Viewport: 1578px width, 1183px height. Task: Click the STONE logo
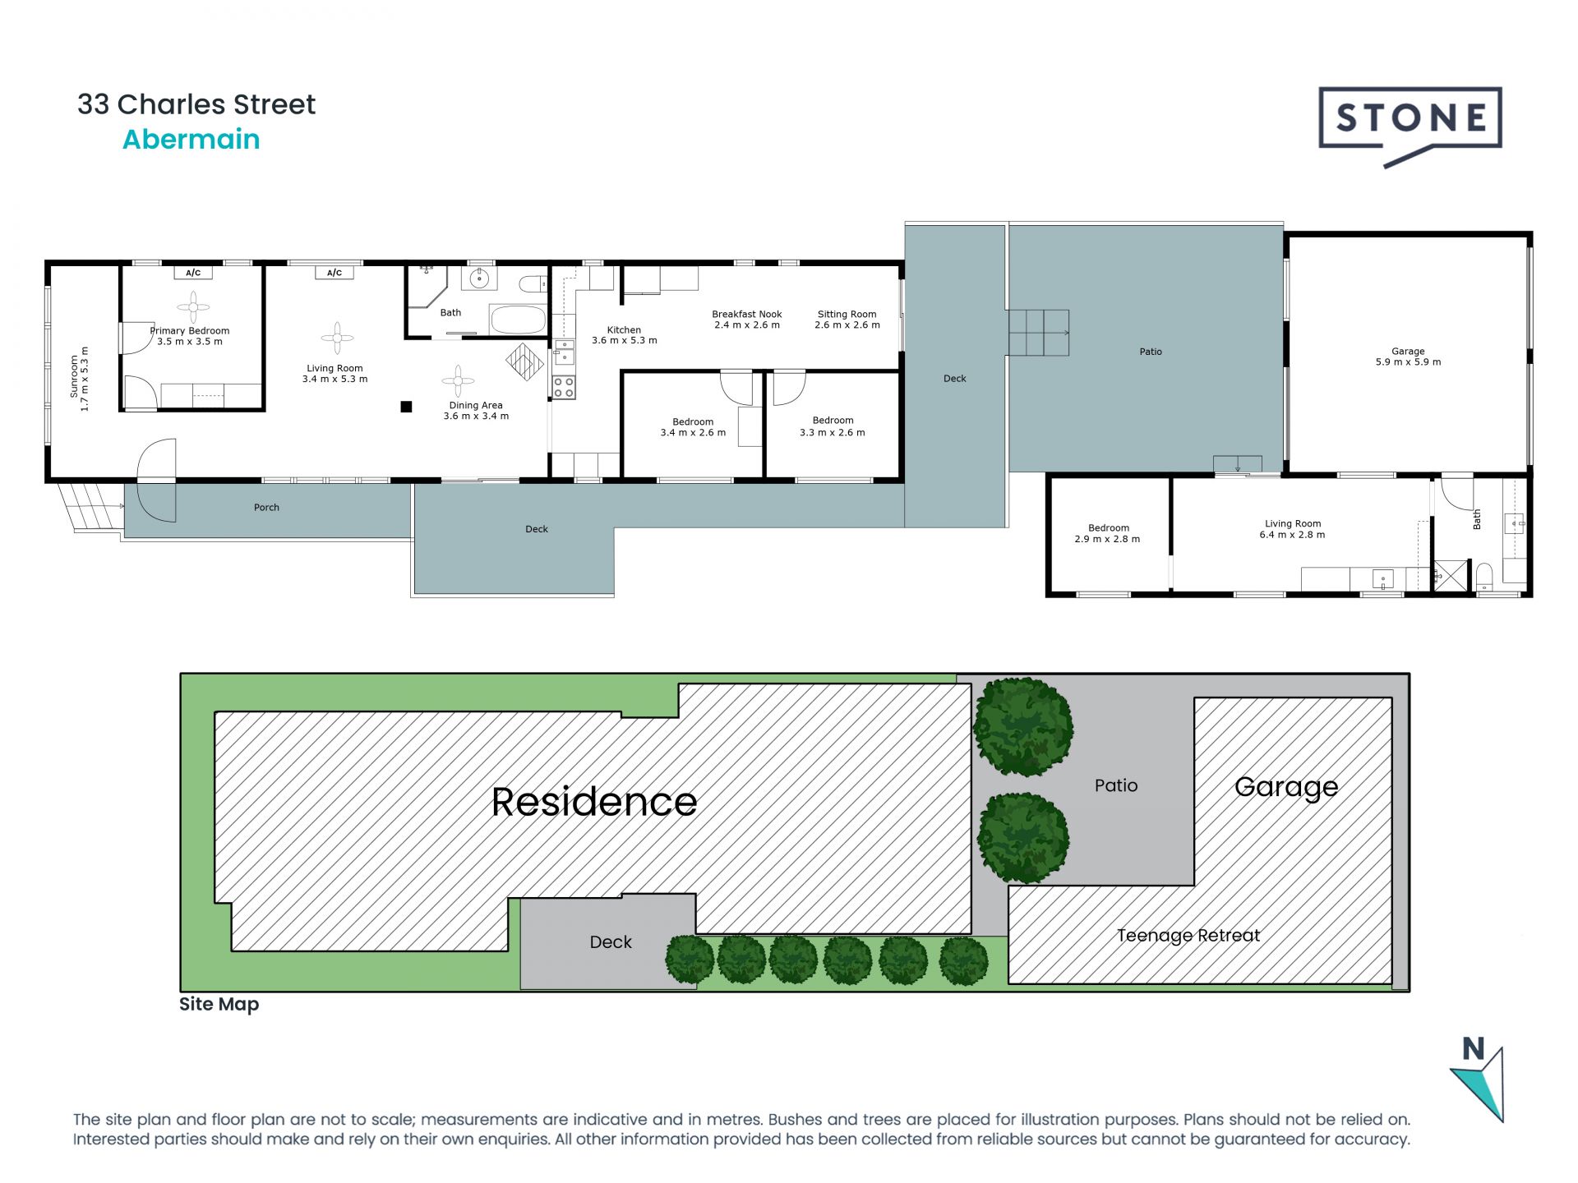[x=1410, y=120]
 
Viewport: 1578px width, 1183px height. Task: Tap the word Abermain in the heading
[x=191, y=140]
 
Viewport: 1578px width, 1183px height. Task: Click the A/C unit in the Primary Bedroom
[x=193, y=273]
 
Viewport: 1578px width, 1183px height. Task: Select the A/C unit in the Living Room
[x=335, y=273]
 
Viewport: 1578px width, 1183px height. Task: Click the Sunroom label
[x=79, y=378]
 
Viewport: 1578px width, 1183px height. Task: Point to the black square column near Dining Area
[x=406, y=407]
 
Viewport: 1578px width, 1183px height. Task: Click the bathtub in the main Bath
[x=518, y=320]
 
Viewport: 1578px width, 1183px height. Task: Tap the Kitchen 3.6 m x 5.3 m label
[x=624, y=335]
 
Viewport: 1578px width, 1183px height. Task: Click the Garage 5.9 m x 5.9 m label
[x=1408, y=357]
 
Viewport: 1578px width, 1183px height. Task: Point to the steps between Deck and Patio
[x=1038, y=332]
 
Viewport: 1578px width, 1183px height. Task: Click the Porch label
[x=266, y=508]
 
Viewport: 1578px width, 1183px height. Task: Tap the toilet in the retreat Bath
[x=1484, y=576]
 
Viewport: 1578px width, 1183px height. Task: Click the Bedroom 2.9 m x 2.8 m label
[x=1108, y=534]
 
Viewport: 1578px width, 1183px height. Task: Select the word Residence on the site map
[x=593, y=802]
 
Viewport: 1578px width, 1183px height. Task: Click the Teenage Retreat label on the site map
[x=1188, y=936]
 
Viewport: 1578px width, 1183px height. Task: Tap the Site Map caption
[x=219, y=1004]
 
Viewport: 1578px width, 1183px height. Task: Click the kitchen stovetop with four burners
[x=564, y=387]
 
